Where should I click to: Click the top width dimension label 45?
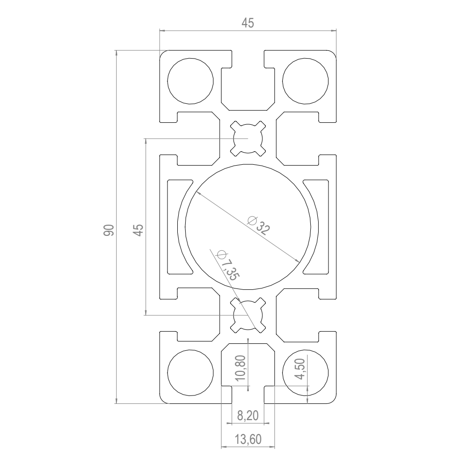pyautogui.click(x=248, y=23)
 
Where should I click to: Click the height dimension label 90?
pyautogui.click(x=109, y=230)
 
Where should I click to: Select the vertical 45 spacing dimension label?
pyautogui.click(x=138, y=230)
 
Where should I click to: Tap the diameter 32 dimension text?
pyautogui.click(x=258, y=225)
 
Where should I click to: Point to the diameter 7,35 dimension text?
pyautogui.click(x=228, y=265)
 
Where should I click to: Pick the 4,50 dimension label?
pyautogui.click(x=301, y=369)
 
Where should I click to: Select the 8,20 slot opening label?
pyautogui.click(x=248, y=415)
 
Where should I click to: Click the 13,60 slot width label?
pyautogui.click(x=248, y=439)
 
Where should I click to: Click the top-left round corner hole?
pyautogui.click(x=190, y=81)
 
